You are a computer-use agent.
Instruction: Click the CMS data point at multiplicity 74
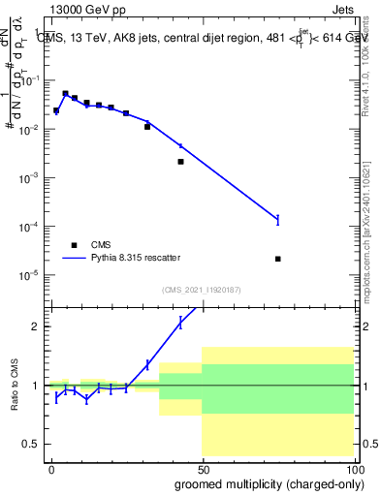(278, 259)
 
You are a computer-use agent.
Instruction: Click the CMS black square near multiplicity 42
(181, 162)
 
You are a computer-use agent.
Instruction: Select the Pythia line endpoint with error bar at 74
(278, 220)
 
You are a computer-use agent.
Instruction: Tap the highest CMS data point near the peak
(65, 94)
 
